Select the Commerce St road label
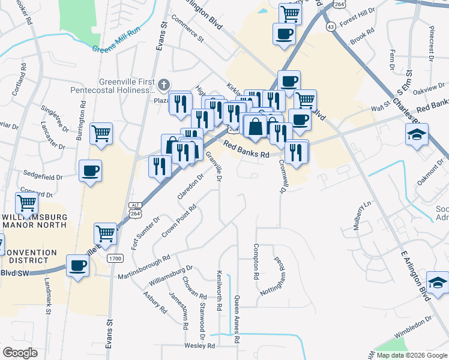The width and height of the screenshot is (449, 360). [188, 28]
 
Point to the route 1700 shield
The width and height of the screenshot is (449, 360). [115, 258]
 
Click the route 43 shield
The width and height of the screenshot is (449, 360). [331, 26]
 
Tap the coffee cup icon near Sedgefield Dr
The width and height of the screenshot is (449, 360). [90, 171]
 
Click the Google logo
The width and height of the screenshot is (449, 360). [20, 353]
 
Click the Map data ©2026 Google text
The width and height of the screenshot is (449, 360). [412, 355]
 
